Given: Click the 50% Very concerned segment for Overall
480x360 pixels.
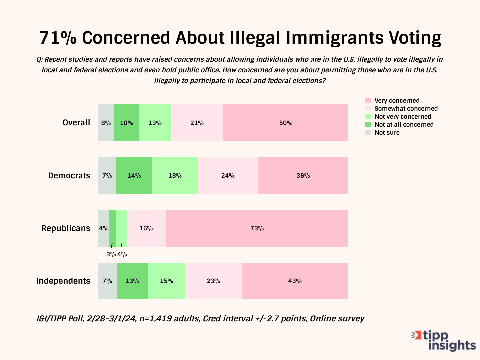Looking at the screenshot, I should [x=286, y=123].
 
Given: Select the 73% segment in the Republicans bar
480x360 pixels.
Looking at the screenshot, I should [x=257, y=228].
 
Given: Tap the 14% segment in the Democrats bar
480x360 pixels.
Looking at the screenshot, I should [x=134, y=176].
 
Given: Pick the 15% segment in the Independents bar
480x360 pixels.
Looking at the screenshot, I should [x=166, y=281].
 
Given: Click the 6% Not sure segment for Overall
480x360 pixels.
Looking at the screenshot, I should [x=106, y=123].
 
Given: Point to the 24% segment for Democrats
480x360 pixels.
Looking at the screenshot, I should [x=228, y=176].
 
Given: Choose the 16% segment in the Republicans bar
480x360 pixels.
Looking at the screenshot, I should [x=146, y=228].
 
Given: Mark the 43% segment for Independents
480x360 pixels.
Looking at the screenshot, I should [x=295, y=281].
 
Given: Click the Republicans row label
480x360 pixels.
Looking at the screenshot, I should [x=66, y=228].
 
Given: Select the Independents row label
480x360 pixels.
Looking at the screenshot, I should [x=63, y=281].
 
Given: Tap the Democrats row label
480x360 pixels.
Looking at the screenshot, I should [x=69, y=176].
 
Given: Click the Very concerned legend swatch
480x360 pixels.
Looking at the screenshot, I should [x=368, y=101].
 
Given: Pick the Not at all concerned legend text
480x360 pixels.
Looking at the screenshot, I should [x=404, y=125].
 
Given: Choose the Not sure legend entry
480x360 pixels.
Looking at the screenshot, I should [x=387, y=133].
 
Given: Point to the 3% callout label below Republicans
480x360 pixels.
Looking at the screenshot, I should [x=111, y=254].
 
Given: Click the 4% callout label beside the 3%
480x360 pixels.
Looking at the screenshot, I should [x=122, y=254].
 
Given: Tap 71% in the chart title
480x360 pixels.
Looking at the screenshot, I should [x=58, y=38].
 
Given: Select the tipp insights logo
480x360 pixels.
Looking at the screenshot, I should [x=444, y=340].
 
